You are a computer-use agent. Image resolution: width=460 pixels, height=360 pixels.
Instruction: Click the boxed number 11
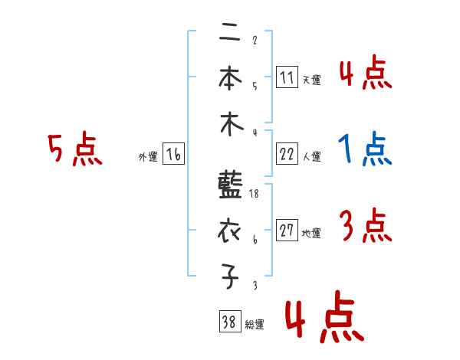coord(287,78)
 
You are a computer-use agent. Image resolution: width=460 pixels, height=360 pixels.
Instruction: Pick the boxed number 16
coord(173,155)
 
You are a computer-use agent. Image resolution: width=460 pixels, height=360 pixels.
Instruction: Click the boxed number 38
coord(228,322)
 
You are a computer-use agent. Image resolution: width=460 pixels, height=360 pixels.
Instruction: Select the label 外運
coord(147,157)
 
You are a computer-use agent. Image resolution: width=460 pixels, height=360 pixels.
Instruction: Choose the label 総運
coord(255,325)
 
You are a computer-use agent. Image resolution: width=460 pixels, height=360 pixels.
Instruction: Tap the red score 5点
coord(74,149)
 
